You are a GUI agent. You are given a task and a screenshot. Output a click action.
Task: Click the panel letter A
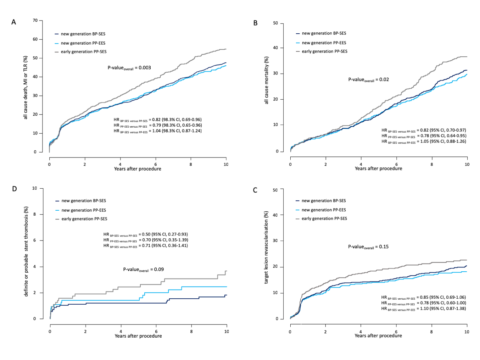[x=13, y=22]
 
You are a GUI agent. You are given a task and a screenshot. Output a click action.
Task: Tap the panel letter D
[x=14, y=189]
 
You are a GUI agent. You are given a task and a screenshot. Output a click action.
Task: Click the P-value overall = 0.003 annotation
[x=129, y=68]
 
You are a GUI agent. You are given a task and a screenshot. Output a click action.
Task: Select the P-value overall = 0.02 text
[x=368, y=80]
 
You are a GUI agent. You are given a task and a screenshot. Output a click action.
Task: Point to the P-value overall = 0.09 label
[x=143, y=270]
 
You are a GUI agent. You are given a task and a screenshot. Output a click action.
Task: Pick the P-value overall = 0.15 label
[x=368, y=247]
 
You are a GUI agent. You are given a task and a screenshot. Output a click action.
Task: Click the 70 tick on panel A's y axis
[x=35, y=21]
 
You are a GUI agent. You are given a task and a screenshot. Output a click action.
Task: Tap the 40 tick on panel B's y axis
[x=275, y=48]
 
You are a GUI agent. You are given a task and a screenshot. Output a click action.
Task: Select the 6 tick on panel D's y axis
[x=35, y=240]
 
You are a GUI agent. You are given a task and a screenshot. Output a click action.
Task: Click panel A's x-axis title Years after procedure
[x=138, y=169]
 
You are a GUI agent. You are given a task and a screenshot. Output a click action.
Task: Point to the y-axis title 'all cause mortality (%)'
[x=267, y=81]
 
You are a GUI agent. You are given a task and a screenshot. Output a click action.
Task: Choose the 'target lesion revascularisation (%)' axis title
[x=266, y=248]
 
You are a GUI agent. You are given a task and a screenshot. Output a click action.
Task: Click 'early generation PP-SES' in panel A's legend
[x=84, y=52]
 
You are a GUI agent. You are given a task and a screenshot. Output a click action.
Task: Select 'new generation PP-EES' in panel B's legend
[x=324, y=43]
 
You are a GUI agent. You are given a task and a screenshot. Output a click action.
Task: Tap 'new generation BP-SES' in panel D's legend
[x=84, y=201]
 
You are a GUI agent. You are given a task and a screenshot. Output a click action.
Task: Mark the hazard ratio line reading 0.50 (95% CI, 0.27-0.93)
[x=145, y=234]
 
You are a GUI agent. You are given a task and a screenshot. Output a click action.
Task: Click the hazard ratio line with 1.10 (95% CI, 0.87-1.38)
[x=423, y=309]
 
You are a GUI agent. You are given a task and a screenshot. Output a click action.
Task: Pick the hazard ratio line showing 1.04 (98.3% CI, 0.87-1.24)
[x=157, y=131]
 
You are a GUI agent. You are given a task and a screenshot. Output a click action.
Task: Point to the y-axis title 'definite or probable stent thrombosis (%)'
[x=26, y=251]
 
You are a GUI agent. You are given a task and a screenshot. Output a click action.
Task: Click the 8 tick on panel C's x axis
[x=431, y=332]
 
